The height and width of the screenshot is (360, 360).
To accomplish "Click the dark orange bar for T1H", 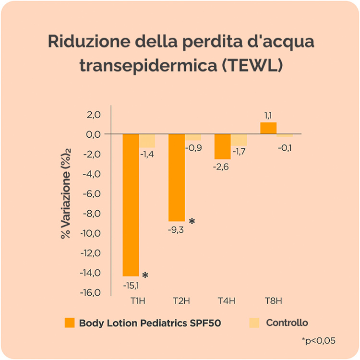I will point(131,205).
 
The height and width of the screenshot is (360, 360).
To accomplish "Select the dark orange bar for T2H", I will point(176,177).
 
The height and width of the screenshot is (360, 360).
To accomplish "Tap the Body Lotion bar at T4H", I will point(222,146).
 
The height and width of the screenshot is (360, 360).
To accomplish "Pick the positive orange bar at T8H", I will point(268,128).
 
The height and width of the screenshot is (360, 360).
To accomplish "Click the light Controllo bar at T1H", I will point(147,141).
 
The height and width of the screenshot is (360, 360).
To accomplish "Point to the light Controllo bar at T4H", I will point(239,140).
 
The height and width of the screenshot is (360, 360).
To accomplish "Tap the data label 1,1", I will point(268,116).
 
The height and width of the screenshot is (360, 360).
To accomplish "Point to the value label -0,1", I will point(285,147).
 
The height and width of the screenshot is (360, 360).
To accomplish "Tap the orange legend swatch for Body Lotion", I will point(70,323).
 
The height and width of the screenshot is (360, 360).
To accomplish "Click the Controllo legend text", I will point(287,323).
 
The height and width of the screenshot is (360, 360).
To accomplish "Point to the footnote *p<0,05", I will point(319,341).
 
